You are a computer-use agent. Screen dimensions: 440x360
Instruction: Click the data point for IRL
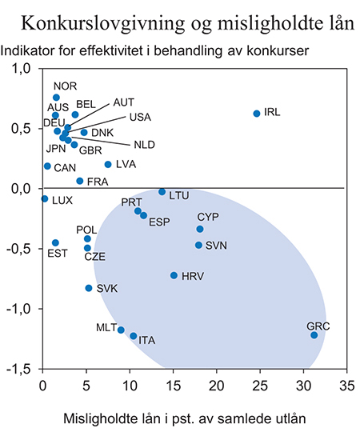coord(257,114)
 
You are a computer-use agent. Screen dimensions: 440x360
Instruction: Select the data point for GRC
coord(314,335)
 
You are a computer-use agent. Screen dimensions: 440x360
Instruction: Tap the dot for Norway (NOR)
coord(56,98)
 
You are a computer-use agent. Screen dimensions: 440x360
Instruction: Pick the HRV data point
coord(174,275)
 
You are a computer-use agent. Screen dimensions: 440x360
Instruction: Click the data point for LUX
coord(45,198)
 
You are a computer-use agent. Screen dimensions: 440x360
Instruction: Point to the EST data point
coord(55,242)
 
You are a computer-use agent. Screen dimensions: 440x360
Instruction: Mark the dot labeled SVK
coord(89,288)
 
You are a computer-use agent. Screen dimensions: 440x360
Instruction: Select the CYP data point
coord(200,229)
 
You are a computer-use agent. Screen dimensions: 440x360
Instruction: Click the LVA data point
coord(108,165)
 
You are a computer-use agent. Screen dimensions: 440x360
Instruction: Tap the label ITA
coord(146,341)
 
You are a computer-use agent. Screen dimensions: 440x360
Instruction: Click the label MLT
coord(106,327)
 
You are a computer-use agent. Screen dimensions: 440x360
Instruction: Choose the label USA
coord(140,117)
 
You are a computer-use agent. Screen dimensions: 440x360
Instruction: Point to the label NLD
coord(144,145)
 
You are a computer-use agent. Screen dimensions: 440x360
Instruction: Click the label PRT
coord(131,202)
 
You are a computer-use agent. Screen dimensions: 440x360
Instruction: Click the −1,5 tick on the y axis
coord(18,369)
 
